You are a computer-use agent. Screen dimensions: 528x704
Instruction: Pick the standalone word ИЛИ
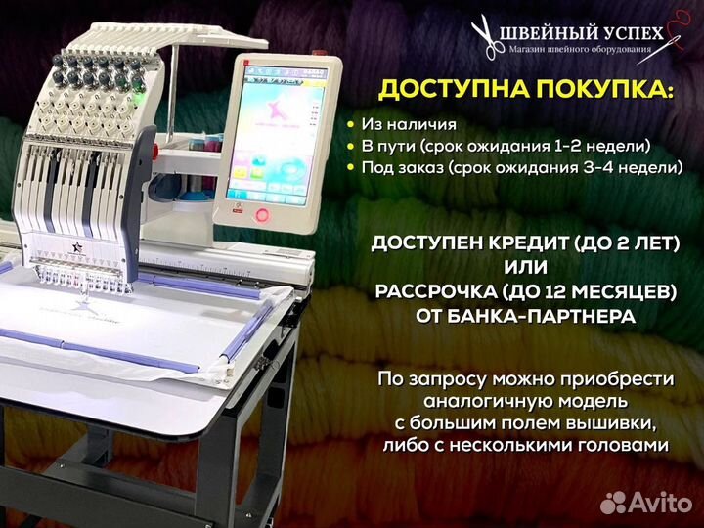click(x=530, y=267)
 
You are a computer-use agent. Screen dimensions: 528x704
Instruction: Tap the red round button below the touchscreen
click(x=262, y=214)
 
